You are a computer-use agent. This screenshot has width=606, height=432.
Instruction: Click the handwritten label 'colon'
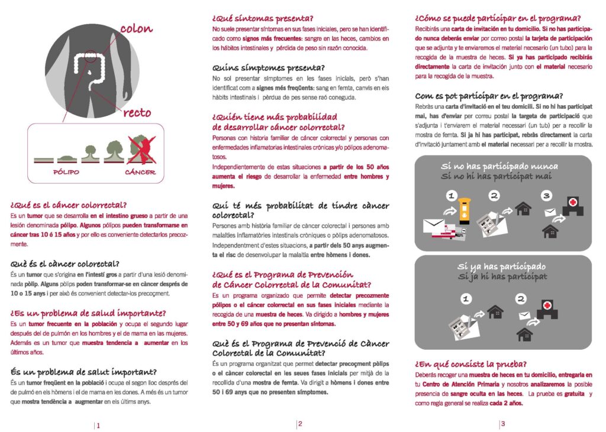(136, 28)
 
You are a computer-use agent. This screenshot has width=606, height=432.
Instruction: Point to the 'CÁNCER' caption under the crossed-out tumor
(140, 173)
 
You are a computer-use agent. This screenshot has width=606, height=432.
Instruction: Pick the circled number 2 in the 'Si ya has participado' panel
(521, 299)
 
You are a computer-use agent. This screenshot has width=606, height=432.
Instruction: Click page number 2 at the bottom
(300, 424)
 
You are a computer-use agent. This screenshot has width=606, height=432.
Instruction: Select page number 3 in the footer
(502, 424)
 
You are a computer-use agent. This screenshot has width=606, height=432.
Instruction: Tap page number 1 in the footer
(98, 425)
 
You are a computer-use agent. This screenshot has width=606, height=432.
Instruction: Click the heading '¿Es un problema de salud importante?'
(88, 313)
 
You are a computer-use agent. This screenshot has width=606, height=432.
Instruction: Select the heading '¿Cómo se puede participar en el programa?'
(498, 18)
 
